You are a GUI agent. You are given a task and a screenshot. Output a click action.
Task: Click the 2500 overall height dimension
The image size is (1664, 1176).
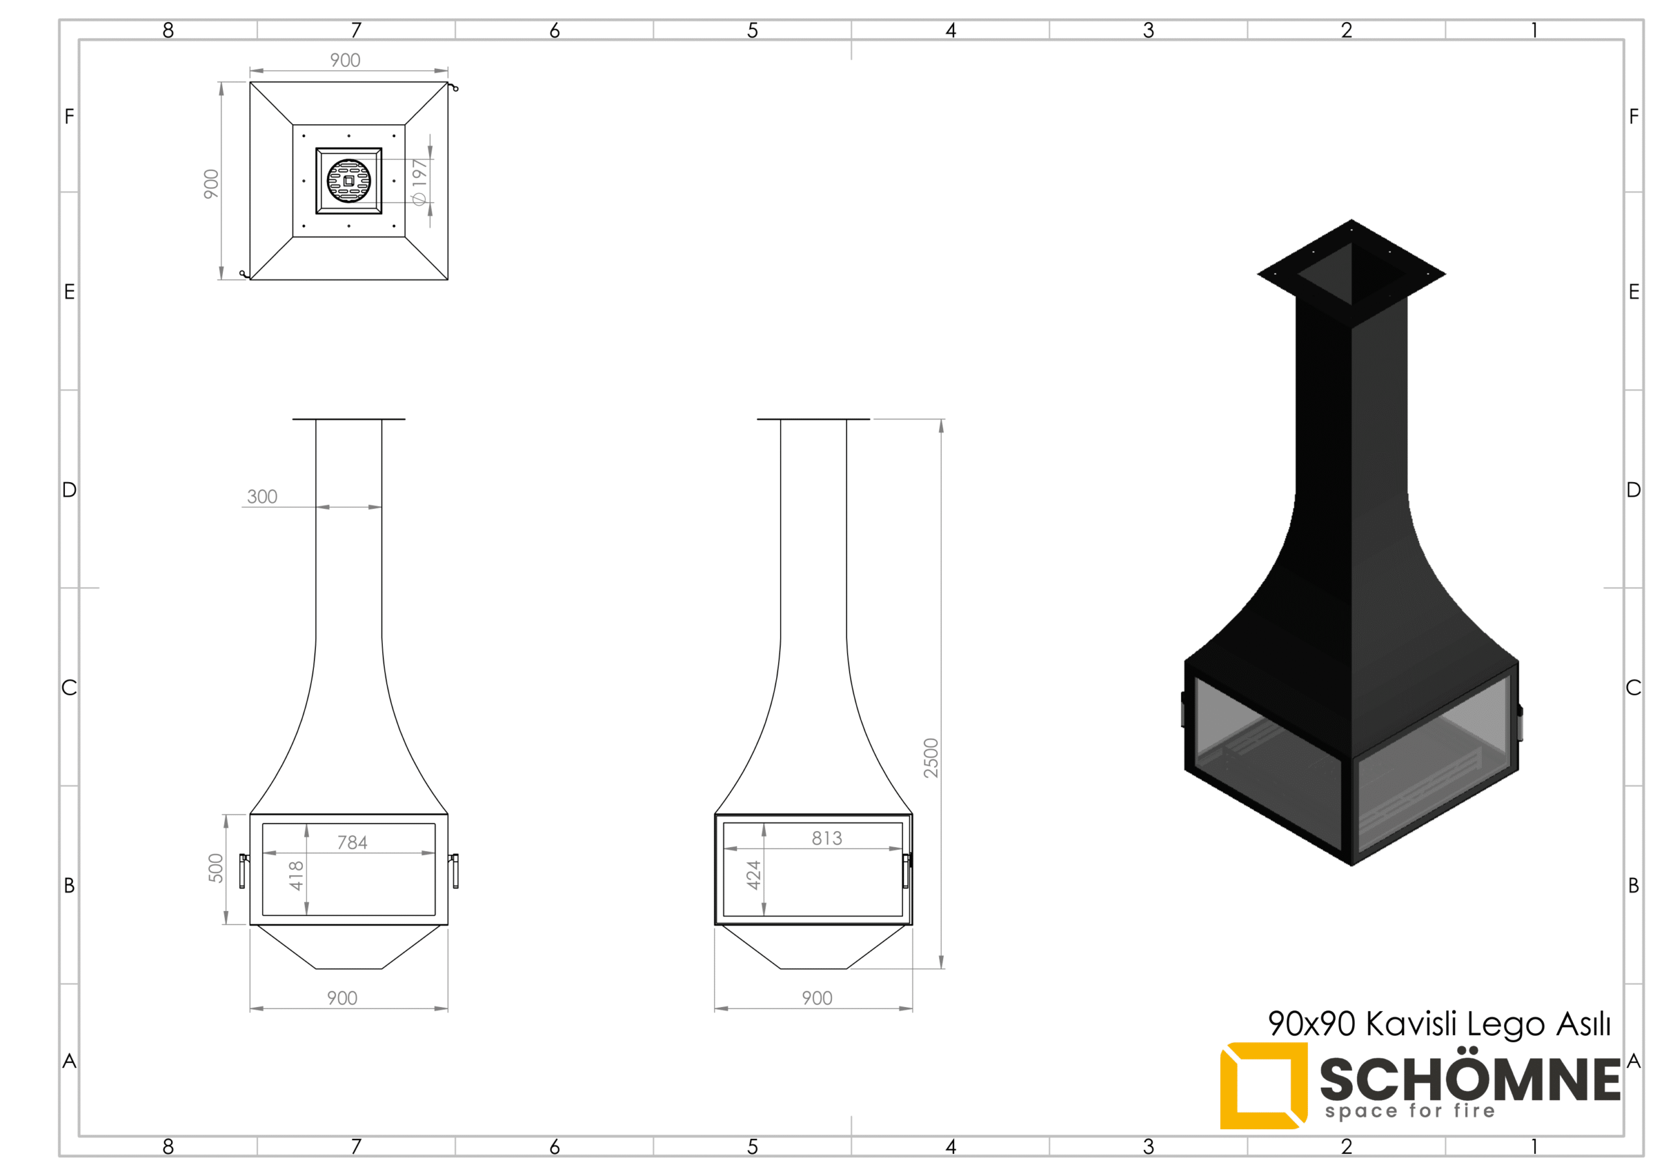tap(931, 758)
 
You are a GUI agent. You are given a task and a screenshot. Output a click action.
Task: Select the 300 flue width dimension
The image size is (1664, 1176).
tap(263, 496)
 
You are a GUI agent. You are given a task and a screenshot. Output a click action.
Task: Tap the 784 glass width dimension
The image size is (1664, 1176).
tap(352, 842)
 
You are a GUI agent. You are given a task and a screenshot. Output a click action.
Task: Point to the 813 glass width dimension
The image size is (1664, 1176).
tap(827, 838)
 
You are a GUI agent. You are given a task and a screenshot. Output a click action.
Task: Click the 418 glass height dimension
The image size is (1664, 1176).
tap(296, 876)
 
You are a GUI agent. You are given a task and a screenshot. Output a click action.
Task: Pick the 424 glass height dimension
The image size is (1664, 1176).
tap(754, 875)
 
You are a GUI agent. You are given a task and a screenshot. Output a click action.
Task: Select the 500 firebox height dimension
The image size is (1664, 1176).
tap(216, 868)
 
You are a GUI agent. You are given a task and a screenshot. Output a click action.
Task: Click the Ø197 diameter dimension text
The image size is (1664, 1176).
tap(419, 182)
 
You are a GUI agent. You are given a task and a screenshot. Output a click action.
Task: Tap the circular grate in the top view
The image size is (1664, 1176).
tap(348, 181)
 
